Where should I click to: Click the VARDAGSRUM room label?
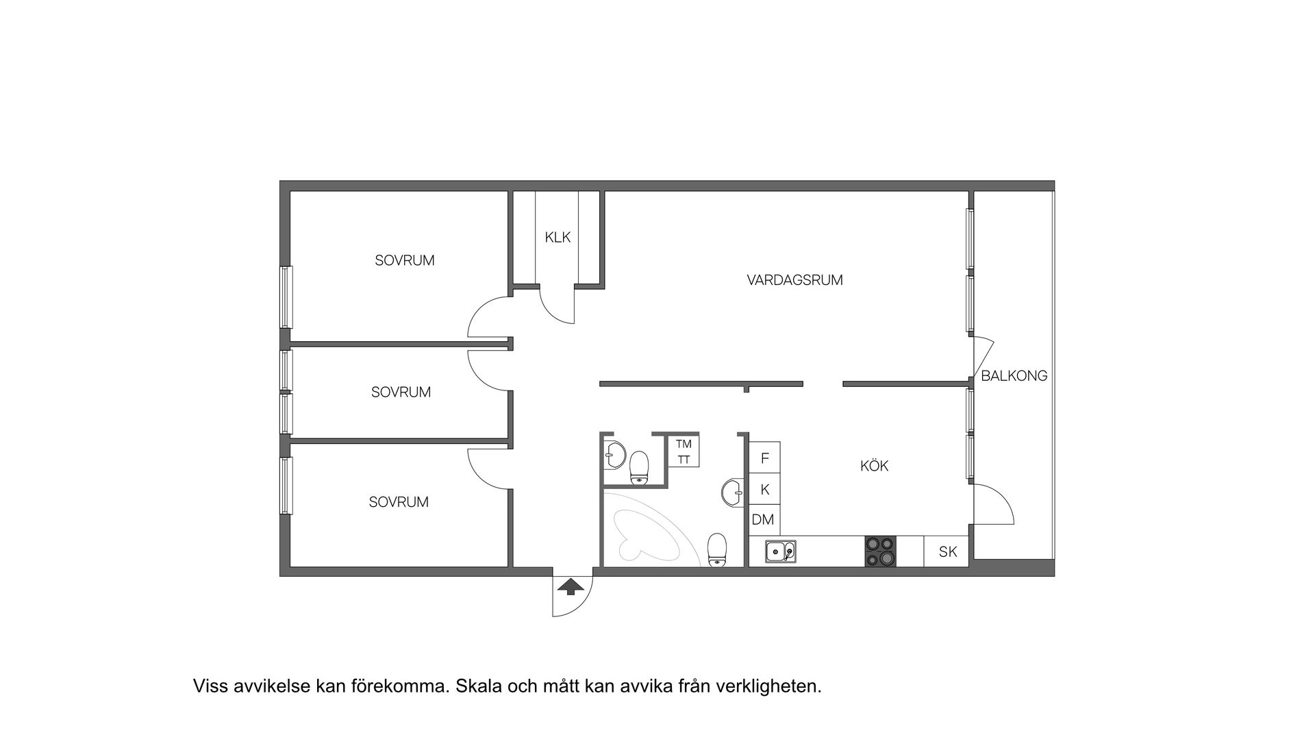tap(794, 280)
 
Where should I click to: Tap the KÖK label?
tap(874, 466)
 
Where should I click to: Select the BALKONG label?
tap(1014, 376)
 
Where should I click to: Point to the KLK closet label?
tap(558, 238)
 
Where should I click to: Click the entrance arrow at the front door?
tap(570, 586)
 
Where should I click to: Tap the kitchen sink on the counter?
tap(780, 551)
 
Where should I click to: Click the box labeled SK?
tap(947, 551)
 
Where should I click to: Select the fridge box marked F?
tap(765, 458)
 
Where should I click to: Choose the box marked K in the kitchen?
tap(765, 490)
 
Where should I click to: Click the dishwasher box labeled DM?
tap(763, 520)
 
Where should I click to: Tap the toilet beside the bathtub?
tap(717, 550)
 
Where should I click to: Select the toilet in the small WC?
tap(640, 467)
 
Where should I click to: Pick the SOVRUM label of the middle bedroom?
tap(401, 392)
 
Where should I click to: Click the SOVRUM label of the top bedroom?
tap(404, 261)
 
